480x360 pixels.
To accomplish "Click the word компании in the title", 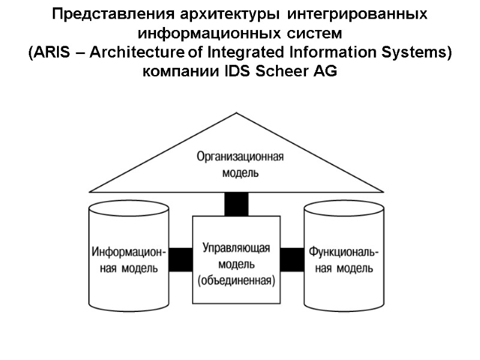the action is click(182, 71).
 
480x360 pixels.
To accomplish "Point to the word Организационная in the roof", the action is click(239, 157).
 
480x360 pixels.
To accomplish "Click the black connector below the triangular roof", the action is click(236, 204).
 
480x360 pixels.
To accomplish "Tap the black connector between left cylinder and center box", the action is click(181, 259).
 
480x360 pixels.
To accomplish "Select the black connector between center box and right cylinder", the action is click(292, 259).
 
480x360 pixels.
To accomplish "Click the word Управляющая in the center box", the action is click(236, 248).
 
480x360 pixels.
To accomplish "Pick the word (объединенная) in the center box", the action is click(236, 280).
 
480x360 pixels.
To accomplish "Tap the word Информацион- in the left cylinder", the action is click(130, 250).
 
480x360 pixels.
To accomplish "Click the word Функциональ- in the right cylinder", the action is click(344, 250).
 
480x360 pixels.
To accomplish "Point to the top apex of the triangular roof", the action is click(236, 113).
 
